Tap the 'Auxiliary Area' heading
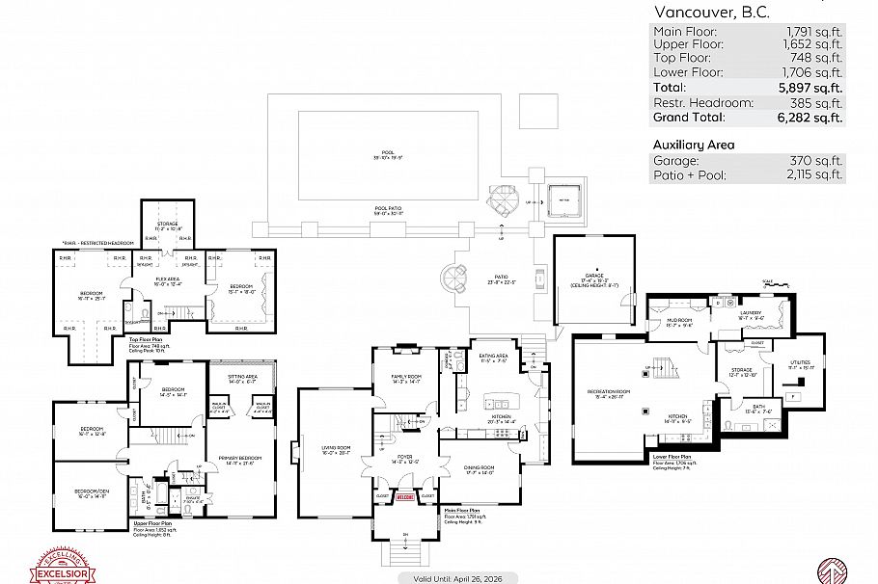tap(694, 145)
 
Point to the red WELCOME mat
tap(405, 498)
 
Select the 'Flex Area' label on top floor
tap(169, 279)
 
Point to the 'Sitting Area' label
tap(242, 377)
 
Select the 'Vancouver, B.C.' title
tap(710, 13)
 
